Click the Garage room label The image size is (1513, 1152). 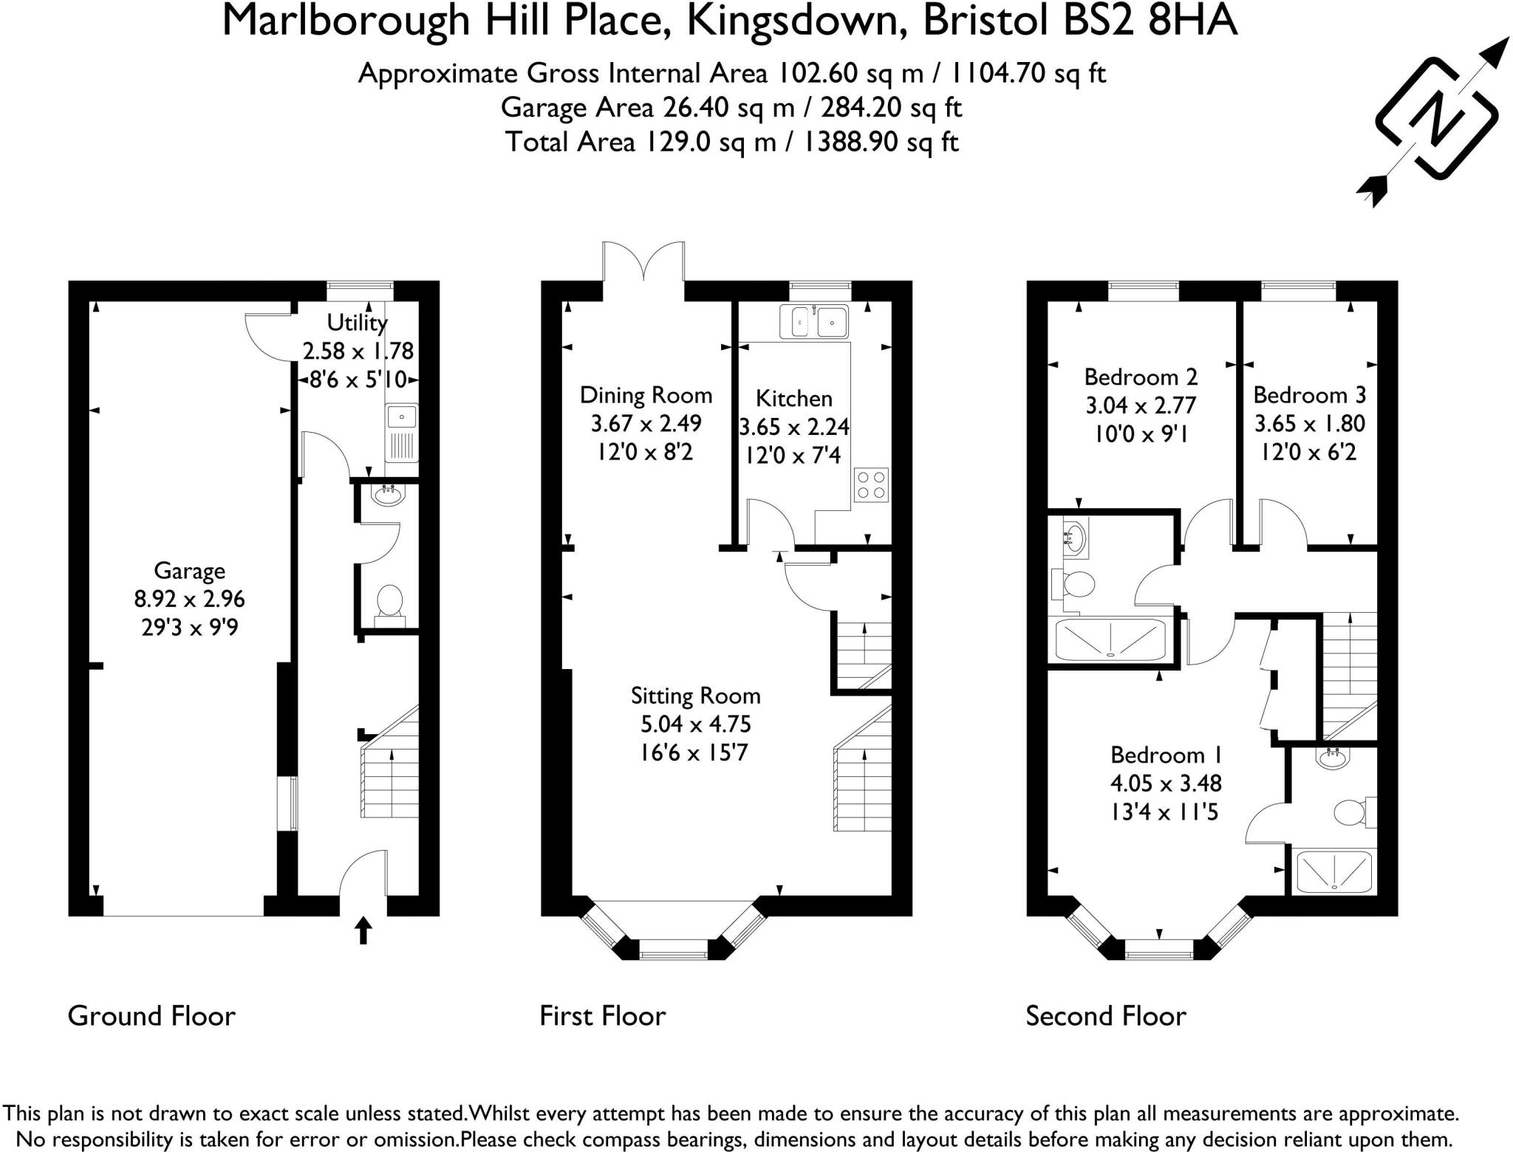click(x=189, y=570)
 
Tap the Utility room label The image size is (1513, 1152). click(x=357, y=323)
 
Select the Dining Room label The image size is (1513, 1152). click(x=646, y=395)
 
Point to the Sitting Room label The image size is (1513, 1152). click(x=695, y=696)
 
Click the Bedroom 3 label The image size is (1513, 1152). click(x=1309, y=395)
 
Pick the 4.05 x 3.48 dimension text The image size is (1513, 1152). click(x=1165, y=783)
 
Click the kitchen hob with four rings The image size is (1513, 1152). click(x=871, y=485)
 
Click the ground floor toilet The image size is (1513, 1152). click(x=389, y=601)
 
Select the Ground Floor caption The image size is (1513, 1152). click(x=151, y=1016)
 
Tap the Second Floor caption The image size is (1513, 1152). click(x=1105, y=1016)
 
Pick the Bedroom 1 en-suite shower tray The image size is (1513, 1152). click(x=1334, y=871)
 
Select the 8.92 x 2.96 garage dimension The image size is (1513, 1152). click(x=189, y=599)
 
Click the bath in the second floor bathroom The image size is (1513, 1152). click(x=1110, y=639)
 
